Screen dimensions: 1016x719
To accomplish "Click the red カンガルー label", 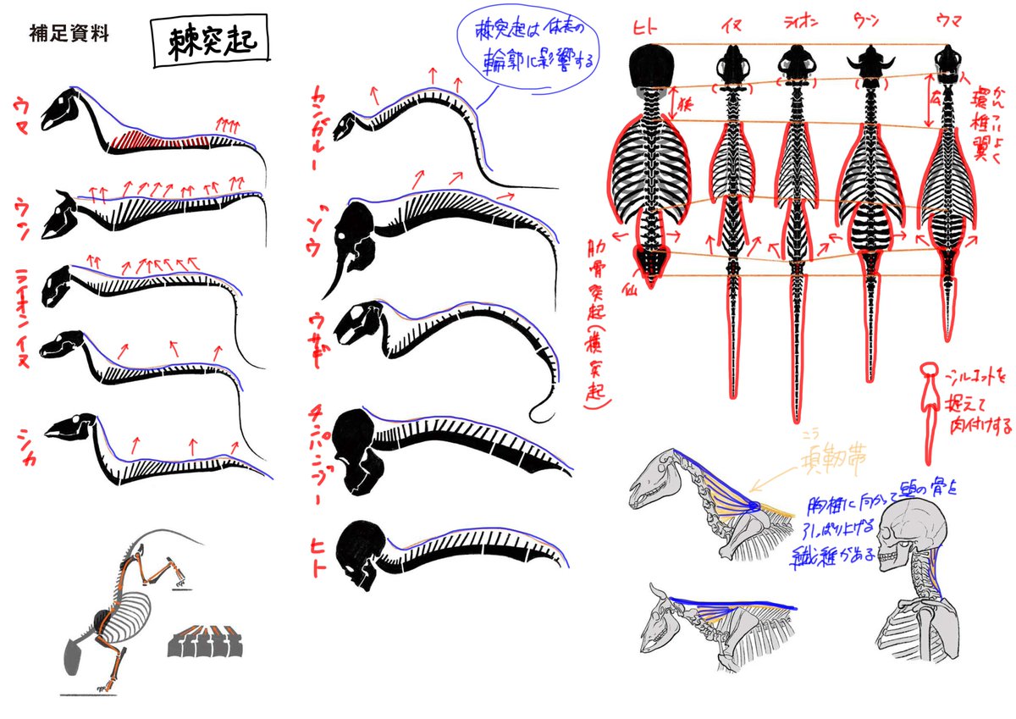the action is pos(323,125).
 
